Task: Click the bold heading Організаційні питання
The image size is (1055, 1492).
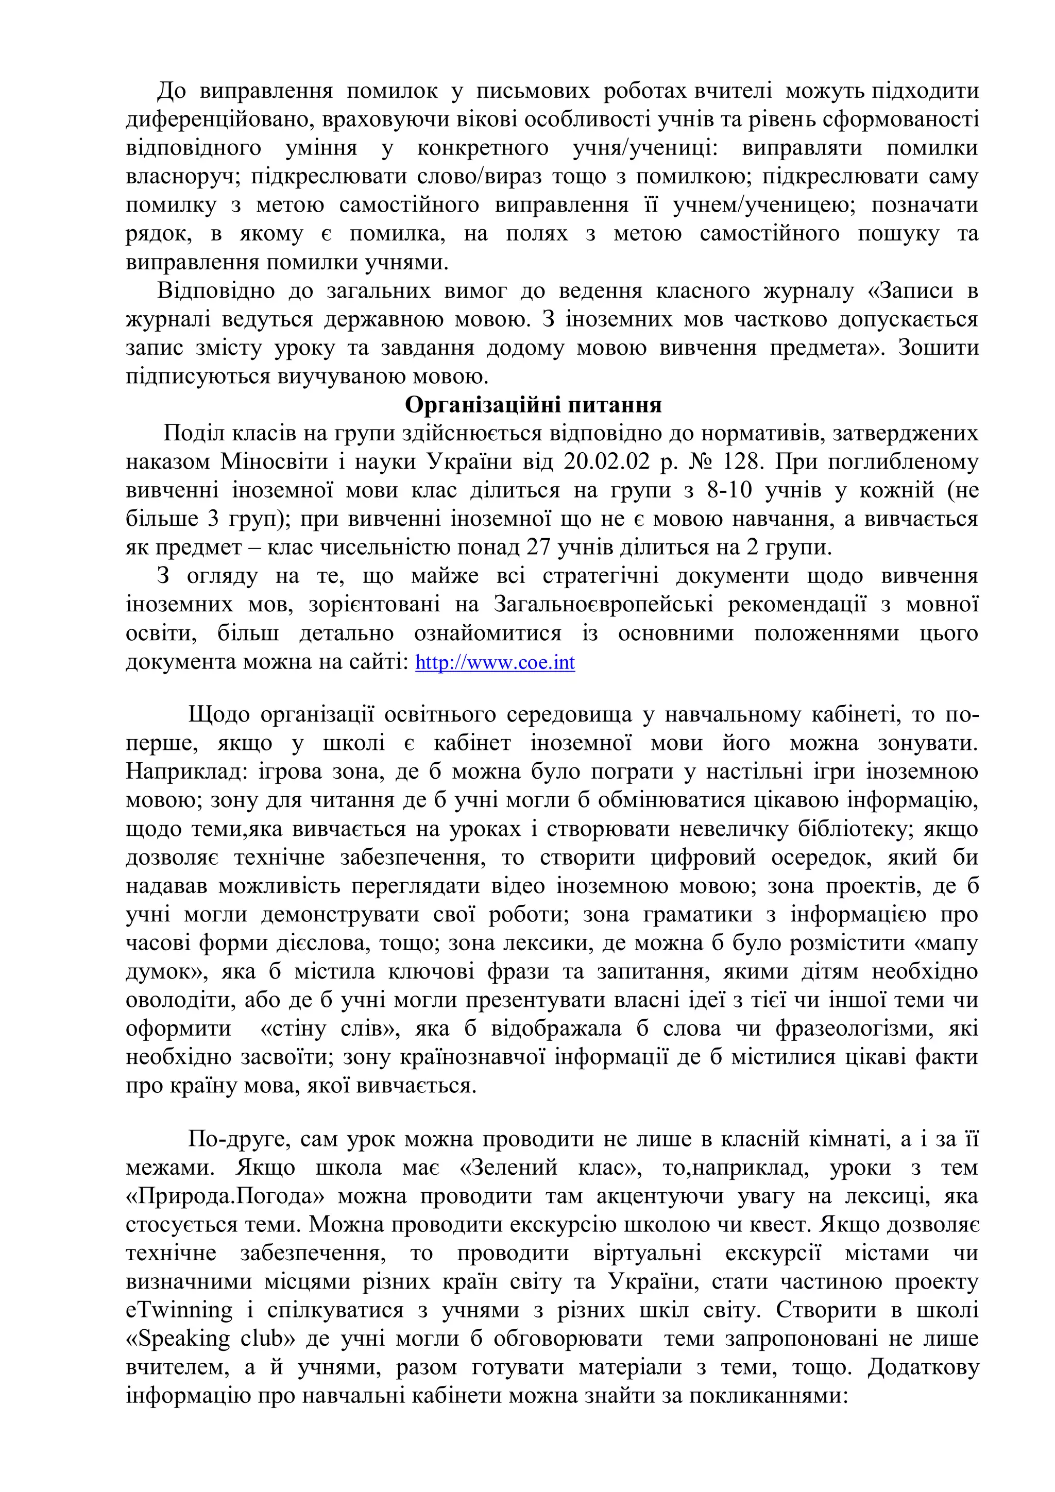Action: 533,405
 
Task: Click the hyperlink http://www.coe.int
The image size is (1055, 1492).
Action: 495,662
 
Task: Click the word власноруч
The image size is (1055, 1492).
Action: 181,176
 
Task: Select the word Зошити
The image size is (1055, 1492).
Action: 938,348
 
